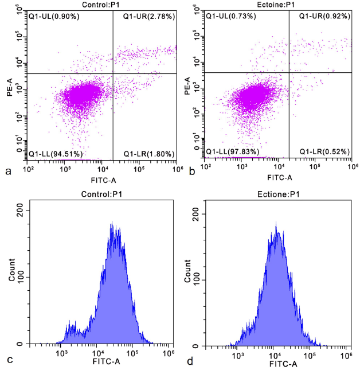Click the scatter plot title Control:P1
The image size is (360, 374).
pyautogui.click(x=102, y=5)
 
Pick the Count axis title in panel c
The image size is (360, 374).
pyautogui.click(x=12, y=274)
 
